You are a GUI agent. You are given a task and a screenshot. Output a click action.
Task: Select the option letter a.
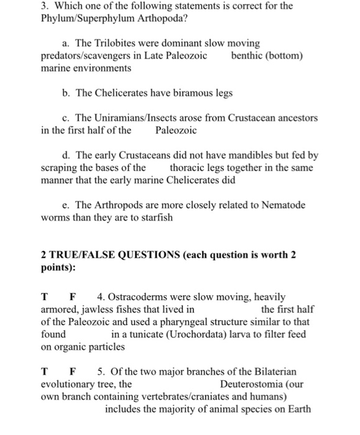(x=67, y=44)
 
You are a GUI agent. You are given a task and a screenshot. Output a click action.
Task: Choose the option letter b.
(x=67, y=93)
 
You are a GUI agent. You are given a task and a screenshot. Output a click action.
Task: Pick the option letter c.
(x=67, y=118)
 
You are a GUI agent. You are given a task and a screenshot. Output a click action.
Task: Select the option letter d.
(x=67, y=155)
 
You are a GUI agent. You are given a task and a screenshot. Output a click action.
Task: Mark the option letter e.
(x=67, y=205)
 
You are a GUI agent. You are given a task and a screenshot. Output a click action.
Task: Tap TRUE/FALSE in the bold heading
(x=87, y=255)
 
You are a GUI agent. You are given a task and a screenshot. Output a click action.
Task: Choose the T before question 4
(x=45, y=297)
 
